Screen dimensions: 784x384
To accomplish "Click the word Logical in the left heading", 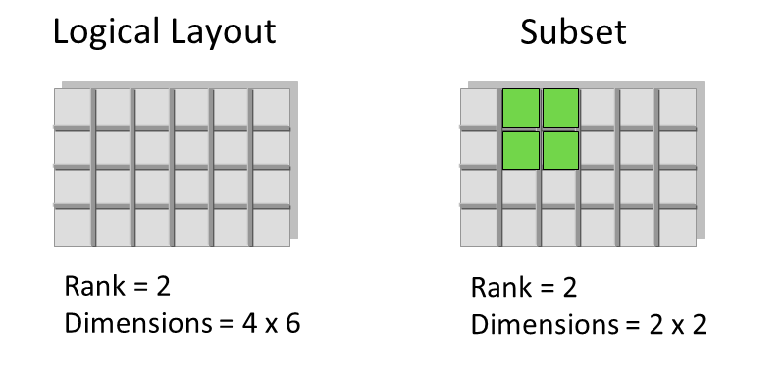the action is (108, 33).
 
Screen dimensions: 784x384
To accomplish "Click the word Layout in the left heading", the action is (223, 33).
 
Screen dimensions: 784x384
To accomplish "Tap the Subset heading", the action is (573, 32).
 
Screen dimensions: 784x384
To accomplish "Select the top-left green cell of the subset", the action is (520, 108).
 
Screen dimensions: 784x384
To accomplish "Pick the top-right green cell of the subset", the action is (560, 108).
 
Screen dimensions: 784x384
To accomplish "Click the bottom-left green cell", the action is (520, 150).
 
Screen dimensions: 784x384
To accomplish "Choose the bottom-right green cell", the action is (560, 150).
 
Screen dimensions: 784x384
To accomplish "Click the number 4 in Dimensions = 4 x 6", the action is (249, 324).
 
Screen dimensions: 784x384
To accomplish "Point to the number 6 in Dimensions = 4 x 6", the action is (293, 324).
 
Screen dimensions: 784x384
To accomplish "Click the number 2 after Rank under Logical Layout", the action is (163, 287).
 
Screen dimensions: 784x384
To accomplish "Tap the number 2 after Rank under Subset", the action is (569, 288).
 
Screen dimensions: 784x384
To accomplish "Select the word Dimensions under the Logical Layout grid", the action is (138, 324).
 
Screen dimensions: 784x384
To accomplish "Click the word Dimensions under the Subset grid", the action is (545, 325).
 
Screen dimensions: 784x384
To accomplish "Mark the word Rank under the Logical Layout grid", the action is (95, 287).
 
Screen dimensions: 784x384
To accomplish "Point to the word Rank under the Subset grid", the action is (502, 288).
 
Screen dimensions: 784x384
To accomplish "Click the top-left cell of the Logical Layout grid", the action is (73, 108).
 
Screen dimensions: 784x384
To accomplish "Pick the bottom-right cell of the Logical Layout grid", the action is (272, 227).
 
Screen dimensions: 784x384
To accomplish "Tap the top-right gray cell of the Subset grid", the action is (677, 108).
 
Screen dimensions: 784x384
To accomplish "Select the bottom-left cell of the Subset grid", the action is (479, 227).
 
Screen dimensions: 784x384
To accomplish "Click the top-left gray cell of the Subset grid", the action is (479, 108).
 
